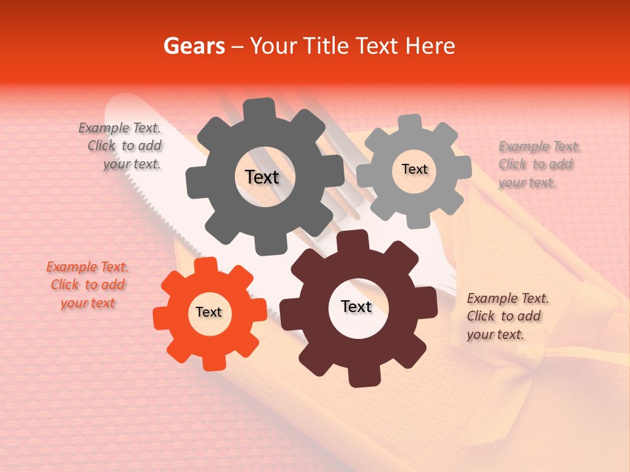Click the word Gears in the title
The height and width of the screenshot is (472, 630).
193,46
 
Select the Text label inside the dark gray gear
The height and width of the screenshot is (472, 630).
262,177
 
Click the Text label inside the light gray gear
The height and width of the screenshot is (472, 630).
414,169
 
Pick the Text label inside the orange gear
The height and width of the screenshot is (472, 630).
208,313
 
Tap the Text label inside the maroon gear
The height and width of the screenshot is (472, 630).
356,307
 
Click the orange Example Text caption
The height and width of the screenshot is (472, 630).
87,285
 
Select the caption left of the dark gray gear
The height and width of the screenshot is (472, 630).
121,146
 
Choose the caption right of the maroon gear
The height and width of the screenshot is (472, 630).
507,316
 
